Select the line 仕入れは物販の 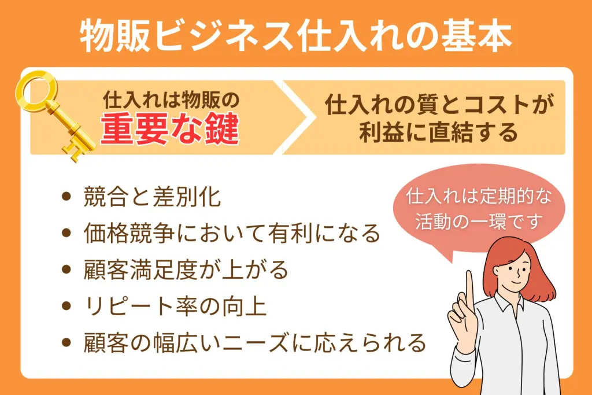(x=171, y=100)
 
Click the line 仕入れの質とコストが (x=439, y=104)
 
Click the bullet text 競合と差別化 (x=152, y=197)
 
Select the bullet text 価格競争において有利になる (x=232, y=233)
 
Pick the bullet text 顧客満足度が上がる (x=186, y=270)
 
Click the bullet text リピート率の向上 (x=175, y=307)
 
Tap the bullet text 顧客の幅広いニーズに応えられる (x=255, y=342)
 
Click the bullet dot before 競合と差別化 (x=66, y=197)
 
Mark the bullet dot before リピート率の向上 (x=66, y=306)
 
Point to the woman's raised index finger (x=469, y=287)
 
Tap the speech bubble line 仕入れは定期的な (x=479, y=197)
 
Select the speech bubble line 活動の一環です (x=479, y=222)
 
